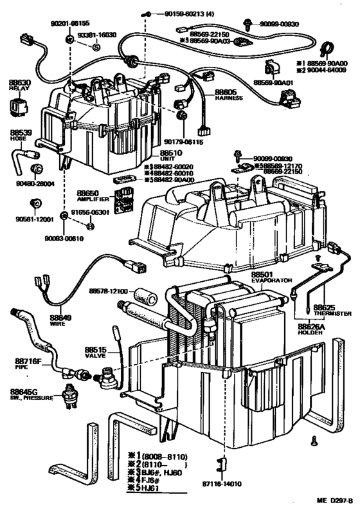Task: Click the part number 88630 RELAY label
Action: (x=20, y=86)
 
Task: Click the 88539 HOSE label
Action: (x=17, y=136)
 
